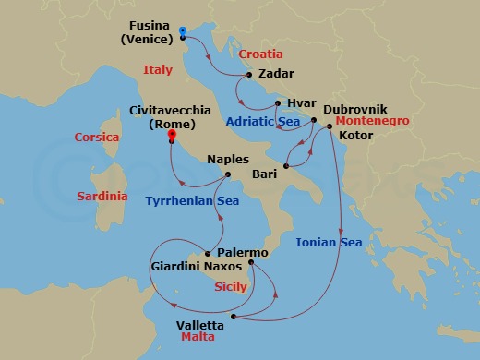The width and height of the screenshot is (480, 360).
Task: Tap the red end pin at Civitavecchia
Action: (x=172, y=136)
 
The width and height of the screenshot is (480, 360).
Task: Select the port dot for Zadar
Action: (x=250, y=70)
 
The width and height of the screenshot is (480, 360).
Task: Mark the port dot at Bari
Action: (x=286, y=167)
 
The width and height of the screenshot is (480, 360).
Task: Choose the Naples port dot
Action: (x=228, y=174)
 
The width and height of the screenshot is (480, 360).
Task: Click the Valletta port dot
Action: (x=234, y=317)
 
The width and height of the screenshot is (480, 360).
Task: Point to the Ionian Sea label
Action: (x=330, y=243)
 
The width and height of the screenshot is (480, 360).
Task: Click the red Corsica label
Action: (x=96, y=138)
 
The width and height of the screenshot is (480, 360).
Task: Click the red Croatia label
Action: (x=260, y=54)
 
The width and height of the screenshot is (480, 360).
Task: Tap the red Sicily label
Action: (x=230, y=287)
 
